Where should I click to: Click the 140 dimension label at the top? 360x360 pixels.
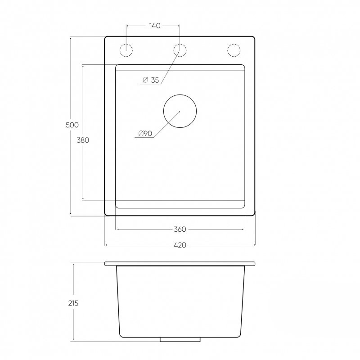(154, 26)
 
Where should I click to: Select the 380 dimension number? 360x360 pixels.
(83, 140)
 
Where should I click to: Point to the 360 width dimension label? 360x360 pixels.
(180, 229)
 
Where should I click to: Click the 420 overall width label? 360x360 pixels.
(180, 245)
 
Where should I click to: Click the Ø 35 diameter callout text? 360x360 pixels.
(151, 80)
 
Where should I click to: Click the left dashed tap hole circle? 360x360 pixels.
(126, 50)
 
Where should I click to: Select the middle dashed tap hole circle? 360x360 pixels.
(180, 50)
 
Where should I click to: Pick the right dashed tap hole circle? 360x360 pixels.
(234, 50)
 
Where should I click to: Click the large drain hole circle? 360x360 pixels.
(180, 111)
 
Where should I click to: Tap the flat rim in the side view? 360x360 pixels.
(180, 264)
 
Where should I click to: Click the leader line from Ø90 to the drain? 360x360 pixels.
(166, 123)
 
